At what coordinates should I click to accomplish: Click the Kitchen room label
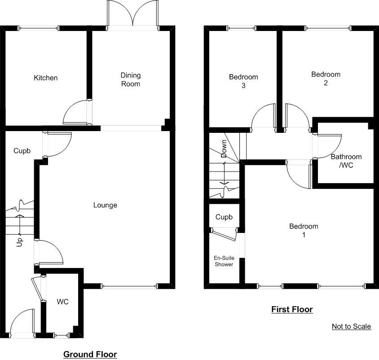click(x=46, y=78)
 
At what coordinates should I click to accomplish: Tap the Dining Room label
click(x=131, y=79)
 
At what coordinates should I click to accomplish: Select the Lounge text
click(x=105, y=205)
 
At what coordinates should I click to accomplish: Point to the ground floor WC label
click(x=62, y=302)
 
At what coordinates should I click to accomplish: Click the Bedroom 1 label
click(x=304, y=230)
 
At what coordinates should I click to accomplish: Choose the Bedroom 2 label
click(x=326, y=79)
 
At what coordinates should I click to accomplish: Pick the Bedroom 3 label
click(x=243, y=81)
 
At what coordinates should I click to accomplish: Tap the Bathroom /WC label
click(x=346, y=161)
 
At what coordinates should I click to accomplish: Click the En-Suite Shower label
click(x=224, y=261)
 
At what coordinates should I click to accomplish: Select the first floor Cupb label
click(x=224, y=217)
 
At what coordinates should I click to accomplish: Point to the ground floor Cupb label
click(x=22, y=151)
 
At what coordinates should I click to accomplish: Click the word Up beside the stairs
click(x=19, y=242)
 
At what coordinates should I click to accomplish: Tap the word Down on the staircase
click(x=224, y=149)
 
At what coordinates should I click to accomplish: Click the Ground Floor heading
click(x=90, y=355)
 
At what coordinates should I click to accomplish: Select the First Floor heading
click(x=292, y=309)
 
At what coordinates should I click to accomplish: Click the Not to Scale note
click(x=351, y=326)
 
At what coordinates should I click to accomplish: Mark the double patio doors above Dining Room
click(x=133, y=14)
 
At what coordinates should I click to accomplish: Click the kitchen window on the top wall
click(x=39, y=28)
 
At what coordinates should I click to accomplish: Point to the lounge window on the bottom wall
click(x=130, y=286)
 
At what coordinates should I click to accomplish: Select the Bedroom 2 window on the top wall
click(x=329, y=28)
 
